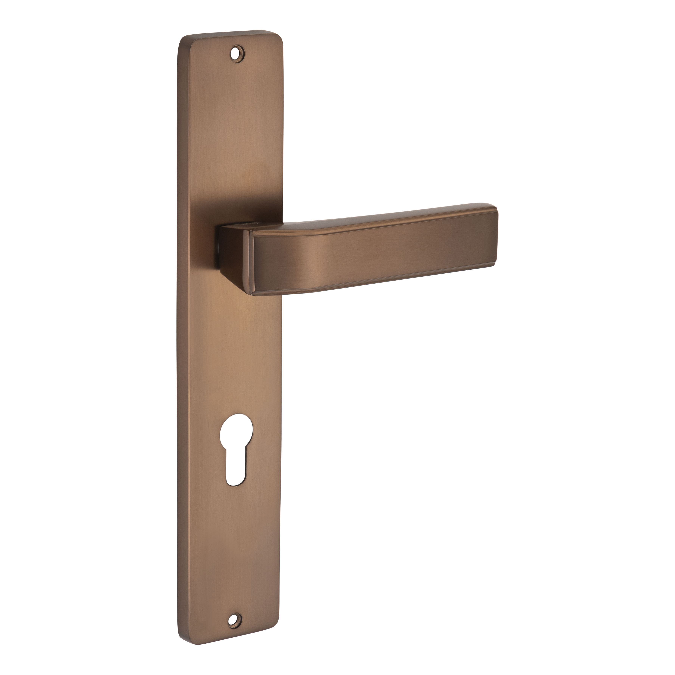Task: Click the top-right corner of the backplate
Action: tap(279, 35)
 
